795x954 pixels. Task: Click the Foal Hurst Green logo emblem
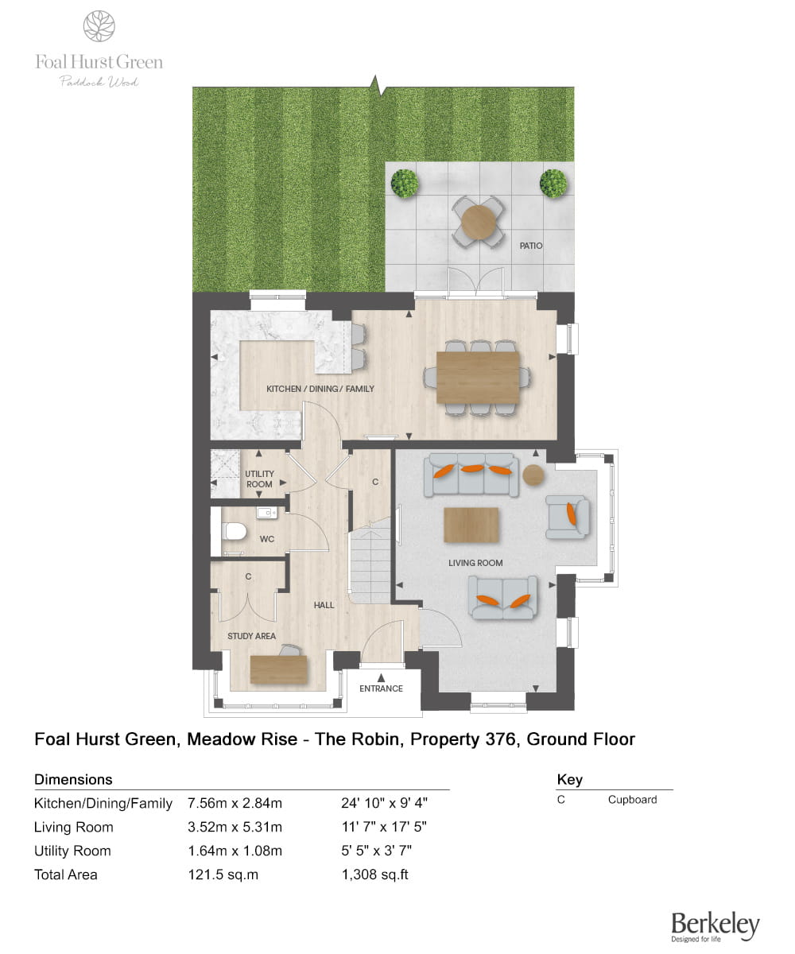point(99,26)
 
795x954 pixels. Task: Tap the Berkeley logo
point(715,925)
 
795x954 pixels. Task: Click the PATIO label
point(531,246)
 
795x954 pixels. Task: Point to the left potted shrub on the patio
point(405,183)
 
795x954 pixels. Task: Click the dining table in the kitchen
point(478,376)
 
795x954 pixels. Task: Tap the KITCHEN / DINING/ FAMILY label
point(320,389)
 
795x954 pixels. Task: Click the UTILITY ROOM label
point(259,479)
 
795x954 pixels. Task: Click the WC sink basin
point(266,513)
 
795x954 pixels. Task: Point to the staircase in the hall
point(370,560)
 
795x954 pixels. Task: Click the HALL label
point(324,605)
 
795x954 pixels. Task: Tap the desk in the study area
point(278,669)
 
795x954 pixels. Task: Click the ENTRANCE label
point(381,688)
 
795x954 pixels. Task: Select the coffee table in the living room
point(471,525)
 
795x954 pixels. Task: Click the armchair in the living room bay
point(568,514)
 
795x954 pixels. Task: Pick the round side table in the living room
point(534,475)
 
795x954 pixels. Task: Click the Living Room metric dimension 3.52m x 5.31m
point(235,827)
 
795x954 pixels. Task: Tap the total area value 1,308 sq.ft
point(374,874)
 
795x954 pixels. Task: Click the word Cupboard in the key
point(632,800)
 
